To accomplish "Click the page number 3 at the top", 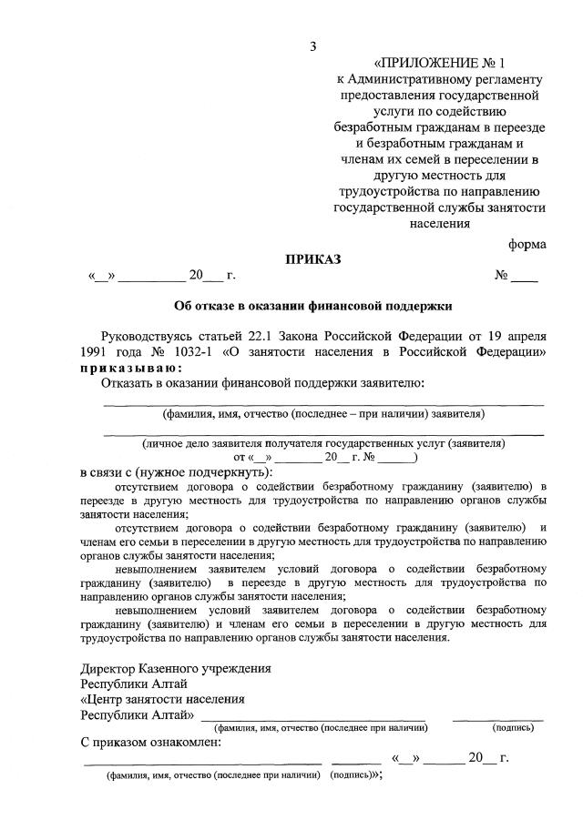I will (x=312, y=46).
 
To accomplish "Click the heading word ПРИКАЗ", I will (x=313, y=259).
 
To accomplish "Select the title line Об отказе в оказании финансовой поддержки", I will (x=313, y=306).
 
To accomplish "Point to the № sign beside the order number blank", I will (x=501, y=274).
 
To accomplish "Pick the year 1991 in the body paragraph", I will (x=95, y=350).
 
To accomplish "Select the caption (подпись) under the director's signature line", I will (x=514, y=727).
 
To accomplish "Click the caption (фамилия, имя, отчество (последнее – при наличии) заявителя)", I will (x=323, y=413).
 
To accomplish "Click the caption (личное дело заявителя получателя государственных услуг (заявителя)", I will (x=323, y=443).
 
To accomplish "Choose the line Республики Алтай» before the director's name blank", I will (x=138, y=715).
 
